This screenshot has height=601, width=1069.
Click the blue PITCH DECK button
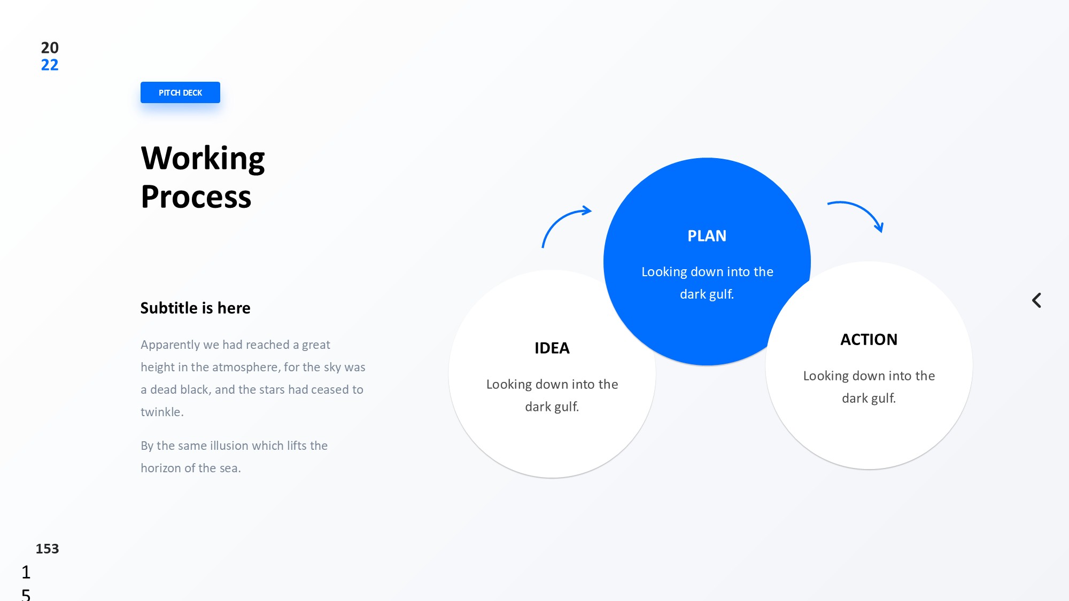pos(180,92)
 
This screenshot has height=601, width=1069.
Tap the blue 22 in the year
pos(50,65)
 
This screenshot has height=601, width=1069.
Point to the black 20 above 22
pos(50,48)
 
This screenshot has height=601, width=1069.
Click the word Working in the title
pos(203,159)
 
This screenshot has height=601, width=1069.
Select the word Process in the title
pos(196,197)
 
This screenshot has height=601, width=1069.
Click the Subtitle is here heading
pos(195,308)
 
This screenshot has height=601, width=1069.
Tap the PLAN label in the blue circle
pos(707,236)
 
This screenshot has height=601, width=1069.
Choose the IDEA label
pos(552,348)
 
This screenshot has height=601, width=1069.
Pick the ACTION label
pos(869,340)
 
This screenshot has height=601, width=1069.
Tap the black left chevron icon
pos(1036,300)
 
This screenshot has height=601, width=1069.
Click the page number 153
pos(47,549)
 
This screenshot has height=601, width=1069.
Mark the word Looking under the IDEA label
pos(509,385)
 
